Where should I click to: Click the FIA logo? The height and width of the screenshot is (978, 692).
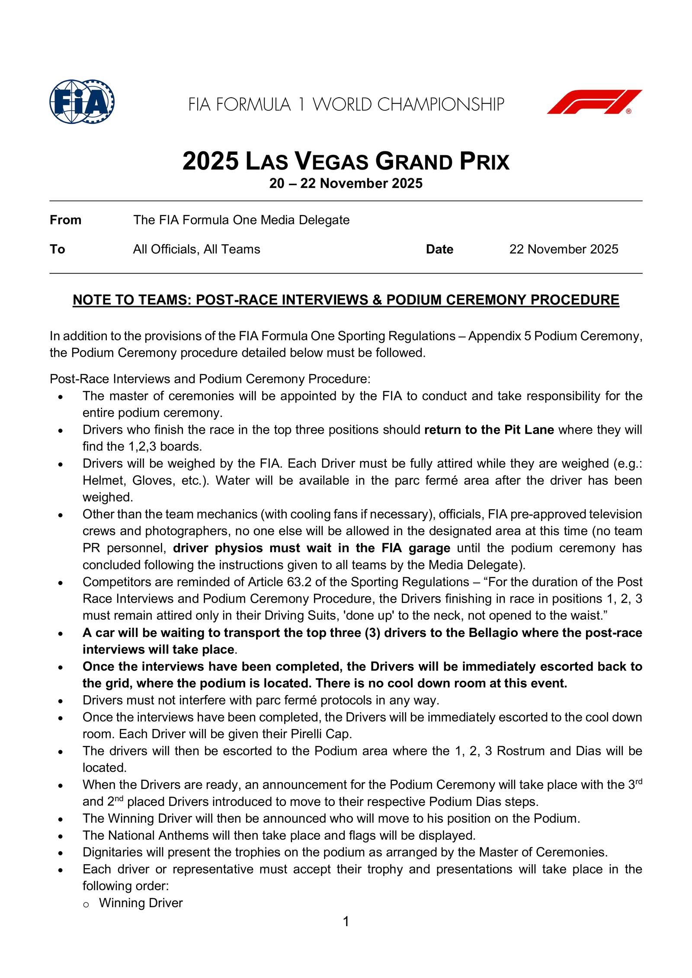(82, 102)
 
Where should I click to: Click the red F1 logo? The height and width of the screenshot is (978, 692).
(594, 102)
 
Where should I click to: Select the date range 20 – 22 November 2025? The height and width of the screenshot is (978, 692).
(346, 184)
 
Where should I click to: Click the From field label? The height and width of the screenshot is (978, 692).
(65, 221)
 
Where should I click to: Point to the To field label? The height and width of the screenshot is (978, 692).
(57, 249)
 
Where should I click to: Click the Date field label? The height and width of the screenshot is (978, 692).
(439, 249)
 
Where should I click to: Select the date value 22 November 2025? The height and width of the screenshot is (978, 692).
(564, 249)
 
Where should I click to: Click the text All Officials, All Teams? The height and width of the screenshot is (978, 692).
(196, 249)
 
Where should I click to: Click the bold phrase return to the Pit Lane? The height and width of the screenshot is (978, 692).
(489, 430)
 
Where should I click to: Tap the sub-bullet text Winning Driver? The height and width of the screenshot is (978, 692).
(141, 903)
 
